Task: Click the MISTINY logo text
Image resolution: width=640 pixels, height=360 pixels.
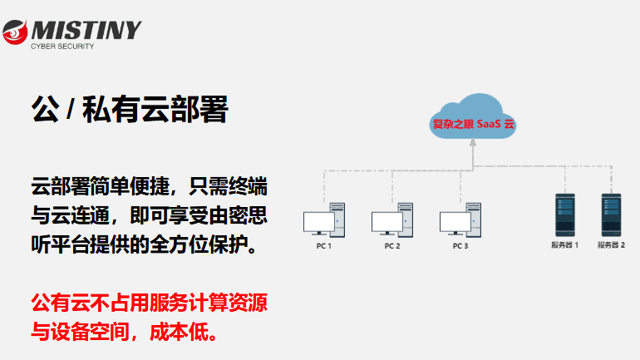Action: pyautogui.click(x=85, y=30)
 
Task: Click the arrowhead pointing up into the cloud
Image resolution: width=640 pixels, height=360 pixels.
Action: pyautogui.click(x=472, y=143)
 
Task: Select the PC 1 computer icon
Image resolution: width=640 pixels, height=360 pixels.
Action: pyautogui.click(x=323, y=219)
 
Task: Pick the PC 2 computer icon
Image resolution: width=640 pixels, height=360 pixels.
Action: pyautogui.click(x=391, y=219)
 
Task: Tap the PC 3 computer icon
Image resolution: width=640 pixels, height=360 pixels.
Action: pyautogui.click(x=460, y=219)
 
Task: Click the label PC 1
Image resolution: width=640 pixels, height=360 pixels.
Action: pyautogui.click(x=323, y=247)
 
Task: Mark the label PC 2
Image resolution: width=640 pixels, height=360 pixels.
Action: pyautogui.click(x=392, y=247)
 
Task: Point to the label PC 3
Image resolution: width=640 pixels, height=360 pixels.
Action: pyautogui.click(x=460, y=247)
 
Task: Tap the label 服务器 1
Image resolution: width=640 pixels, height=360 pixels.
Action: pyautogui.click(x=565, y=246)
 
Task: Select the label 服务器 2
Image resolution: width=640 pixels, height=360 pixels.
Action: pyautogui.click(x=612, y=246)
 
